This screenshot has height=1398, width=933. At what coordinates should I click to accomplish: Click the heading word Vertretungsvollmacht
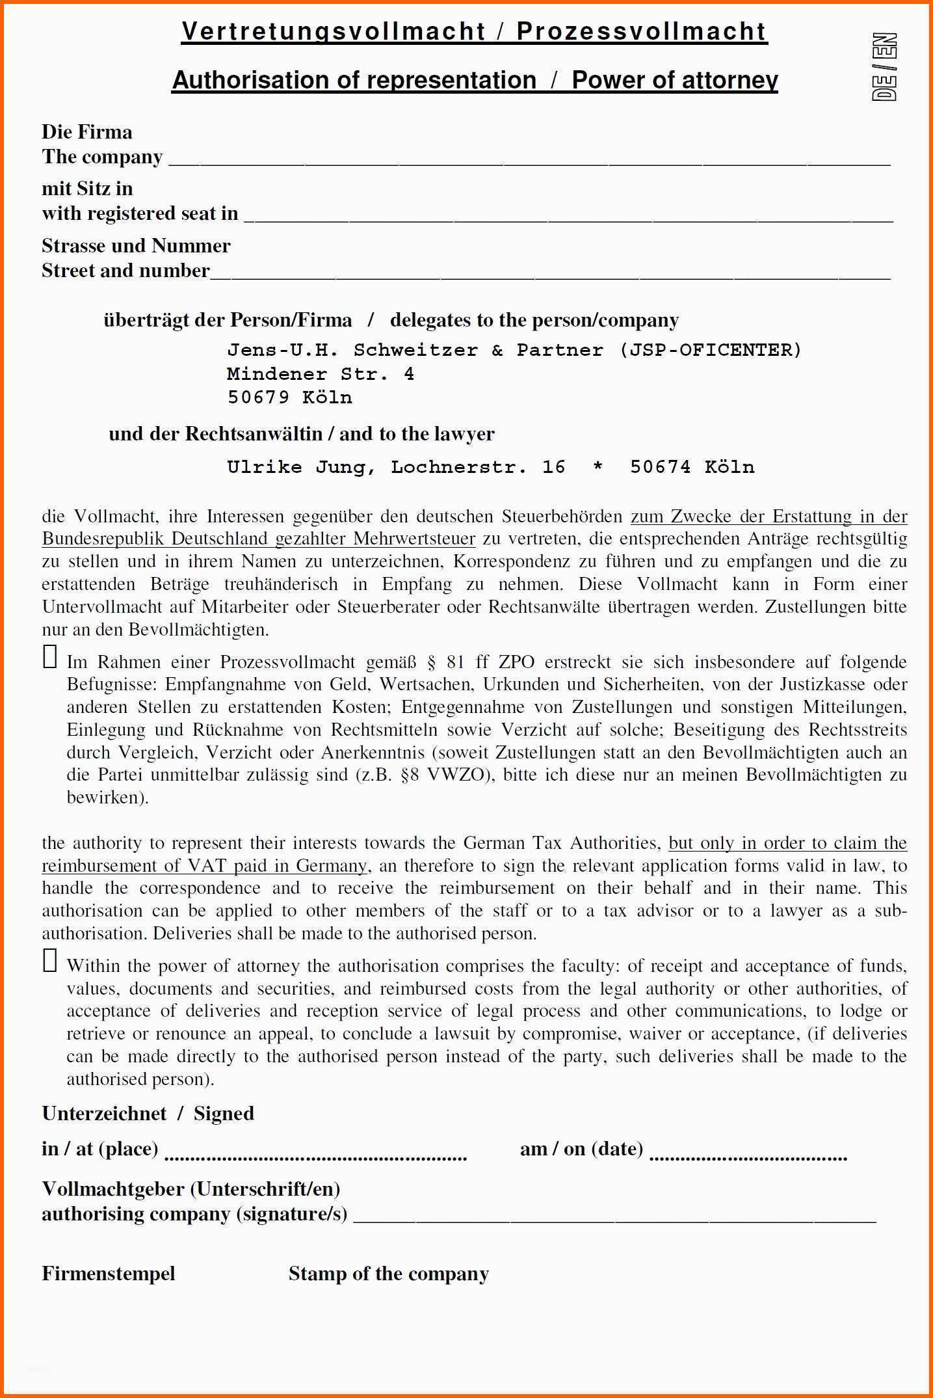tap(334, 32)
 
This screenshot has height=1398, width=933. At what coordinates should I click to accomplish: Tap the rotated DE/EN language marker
tap(885, 67)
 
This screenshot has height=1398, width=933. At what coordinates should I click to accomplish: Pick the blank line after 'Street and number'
tap(550, 276)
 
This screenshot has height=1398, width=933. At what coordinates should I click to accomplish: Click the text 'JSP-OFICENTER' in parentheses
tap(711, 350)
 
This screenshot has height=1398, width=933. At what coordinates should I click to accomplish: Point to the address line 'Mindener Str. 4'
tap(320, 374)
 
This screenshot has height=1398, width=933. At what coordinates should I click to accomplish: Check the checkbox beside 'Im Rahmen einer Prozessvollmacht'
tap(50, 656)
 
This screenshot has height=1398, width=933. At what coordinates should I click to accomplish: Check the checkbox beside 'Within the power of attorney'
tap(50, 960)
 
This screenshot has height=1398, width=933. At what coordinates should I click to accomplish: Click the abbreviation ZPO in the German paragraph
tap(516, 662)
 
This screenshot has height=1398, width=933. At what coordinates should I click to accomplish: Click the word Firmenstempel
tap(109, 1273)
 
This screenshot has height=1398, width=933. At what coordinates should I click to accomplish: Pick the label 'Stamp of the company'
tap(388, 1273)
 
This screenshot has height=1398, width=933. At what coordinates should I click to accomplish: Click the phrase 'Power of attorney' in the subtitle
tap(674, 80)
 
